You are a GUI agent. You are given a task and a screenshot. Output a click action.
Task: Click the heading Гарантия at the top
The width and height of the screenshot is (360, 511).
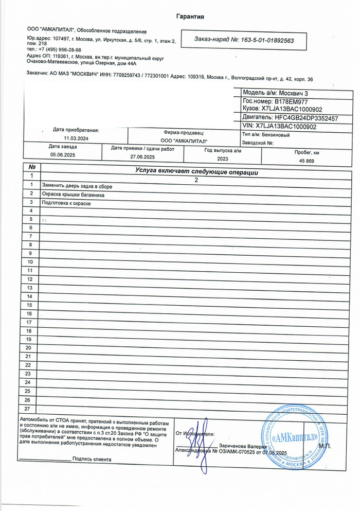click(190, 16)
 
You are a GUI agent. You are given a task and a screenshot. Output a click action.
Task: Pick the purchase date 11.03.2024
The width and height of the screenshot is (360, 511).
click(77, 138)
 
